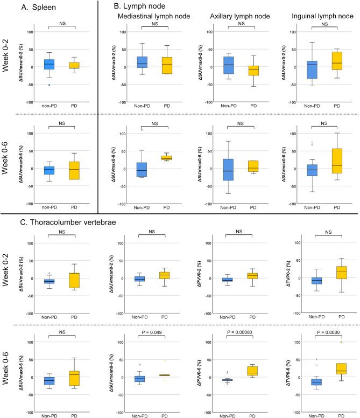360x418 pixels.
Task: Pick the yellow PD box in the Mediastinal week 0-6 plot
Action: (163, 158)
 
